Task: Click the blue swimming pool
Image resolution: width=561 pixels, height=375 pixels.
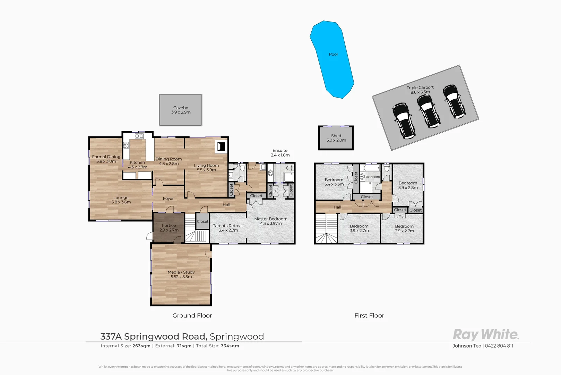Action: [x=332, y=59]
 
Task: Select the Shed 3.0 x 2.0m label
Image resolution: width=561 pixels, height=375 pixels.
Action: [x=336, y=138]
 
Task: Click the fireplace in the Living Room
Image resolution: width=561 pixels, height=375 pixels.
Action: [x=221, y=147]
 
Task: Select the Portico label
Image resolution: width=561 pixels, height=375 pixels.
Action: [x=169, y=227]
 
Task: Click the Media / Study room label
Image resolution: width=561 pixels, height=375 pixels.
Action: [x=181, y=274]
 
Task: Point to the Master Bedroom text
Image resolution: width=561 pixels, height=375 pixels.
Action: [x=271, y=221]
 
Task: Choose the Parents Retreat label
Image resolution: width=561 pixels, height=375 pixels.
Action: [x=228, y=228]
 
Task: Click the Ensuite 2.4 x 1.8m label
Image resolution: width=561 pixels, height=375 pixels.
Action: [x=280, y=153]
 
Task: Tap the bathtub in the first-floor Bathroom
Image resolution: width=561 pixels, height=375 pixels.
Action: [x=372, y=168]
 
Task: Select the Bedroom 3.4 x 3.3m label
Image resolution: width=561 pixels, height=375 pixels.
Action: [x=334, y=182]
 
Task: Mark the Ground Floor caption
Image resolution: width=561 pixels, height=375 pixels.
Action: [x=192, y=316]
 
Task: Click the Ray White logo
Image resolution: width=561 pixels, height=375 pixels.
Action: [x=486, y=335]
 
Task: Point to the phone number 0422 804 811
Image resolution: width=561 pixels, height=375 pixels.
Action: [x=499, y=346]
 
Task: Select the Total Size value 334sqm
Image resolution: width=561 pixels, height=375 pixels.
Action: [x=230, y=346]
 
